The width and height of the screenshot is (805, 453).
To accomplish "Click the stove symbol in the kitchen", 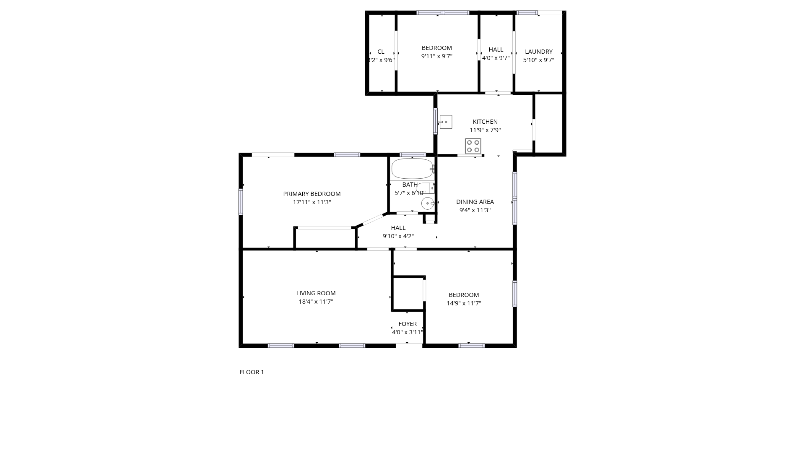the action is (473, 146).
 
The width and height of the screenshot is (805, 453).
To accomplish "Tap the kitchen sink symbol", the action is (445, 122).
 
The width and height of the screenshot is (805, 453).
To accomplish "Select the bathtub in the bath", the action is (413, 169).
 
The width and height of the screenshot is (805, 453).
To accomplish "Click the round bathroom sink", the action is (427, 203).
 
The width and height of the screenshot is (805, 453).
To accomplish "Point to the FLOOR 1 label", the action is (252, 372).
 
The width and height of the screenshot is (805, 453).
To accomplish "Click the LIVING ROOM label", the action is (316, 293).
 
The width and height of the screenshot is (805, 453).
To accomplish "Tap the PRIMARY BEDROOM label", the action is (312, 194).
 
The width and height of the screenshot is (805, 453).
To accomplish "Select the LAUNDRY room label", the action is (539, 52).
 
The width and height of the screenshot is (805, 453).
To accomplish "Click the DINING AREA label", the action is (475, 202).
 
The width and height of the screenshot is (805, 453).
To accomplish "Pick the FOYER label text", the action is (408, 324).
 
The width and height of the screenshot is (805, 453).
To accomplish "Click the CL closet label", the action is (381, 52).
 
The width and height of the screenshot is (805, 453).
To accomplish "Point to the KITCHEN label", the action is (485, 122).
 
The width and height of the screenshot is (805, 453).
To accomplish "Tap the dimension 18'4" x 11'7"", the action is (316, 302).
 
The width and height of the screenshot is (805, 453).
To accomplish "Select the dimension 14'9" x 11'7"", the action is (464, 303).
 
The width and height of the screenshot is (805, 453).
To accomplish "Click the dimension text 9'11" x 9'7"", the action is (437, 56).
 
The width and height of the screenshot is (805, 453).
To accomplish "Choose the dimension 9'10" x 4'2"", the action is (398, 236).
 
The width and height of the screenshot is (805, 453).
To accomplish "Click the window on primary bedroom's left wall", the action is (241, 202).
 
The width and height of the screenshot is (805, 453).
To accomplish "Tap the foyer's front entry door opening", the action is (409, 346).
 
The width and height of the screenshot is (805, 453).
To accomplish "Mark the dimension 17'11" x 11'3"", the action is (312, 202).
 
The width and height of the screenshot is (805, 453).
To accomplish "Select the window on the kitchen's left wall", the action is (435, 121).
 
